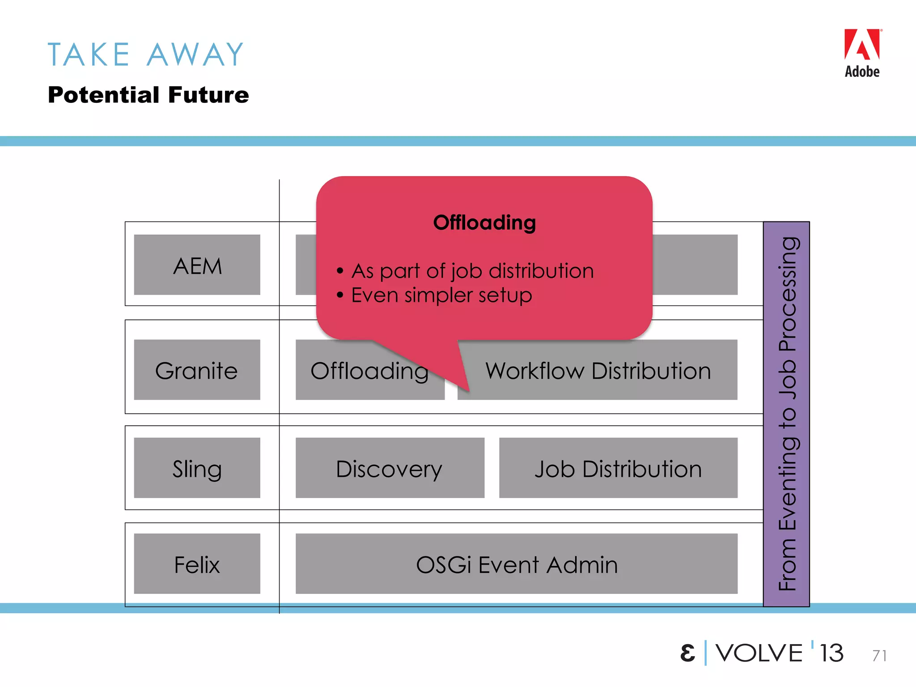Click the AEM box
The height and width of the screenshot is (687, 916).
click(197, 265)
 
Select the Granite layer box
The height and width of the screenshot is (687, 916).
click(197, 370)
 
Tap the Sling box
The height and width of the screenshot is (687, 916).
click(197, 468)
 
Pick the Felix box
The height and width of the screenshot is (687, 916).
click(197, 564)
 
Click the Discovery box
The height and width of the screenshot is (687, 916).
click(390, 468)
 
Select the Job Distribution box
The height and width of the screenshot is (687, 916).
click(618, 468)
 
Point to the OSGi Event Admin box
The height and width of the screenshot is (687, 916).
click(516, 564)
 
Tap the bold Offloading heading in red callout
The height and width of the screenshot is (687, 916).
click(484, 223)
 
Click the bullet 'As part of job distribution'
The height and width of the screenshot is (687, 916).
click(472, 271)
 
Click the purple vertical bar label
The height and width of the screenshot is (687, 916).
click(787, 414)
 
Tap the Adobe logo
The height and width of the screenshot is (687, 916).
click(862, 53)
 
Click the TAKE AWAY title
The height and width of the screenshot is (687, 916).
click(146, 55)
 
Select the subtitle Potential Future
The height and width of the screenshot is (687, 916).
click(148, 95)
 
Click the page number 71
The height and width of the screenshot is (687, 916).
click(879, 655)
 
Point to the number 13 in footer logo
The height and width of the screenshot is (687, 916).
click(831, 653)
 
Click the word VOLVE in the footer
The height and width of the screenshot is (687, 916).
click(759, 653)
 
